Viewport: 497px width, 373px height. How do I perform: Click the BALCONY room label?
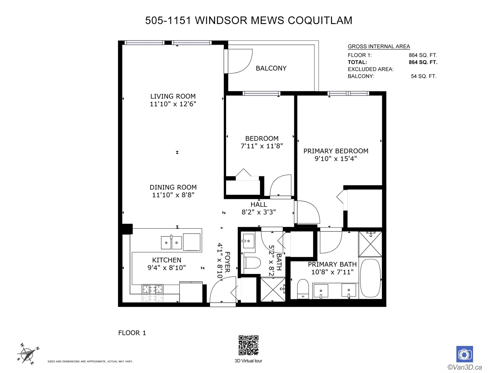click(271, 68)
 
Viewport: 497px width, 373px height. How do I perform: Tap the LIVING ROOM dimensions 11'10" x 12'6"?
click(173, 104)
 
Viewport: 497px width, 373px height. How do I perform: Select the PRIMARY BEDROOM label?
click(336, 151)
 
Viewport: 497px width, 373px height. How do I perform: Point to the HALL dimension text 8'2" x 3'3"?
click(258, 212)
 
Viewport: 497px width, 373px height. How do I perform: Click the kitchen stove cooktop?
click(153, 289)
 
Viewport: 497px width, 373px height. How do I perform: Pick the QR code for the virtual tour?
click(248, 345)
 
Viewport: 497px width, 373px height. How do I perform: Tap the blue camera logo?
click(464, 354)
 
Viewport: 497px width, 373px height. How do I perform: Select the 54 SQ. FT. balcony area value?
click(424, 76)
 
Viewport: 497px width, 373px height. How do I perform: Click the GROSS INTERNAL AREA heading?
click(379, 46)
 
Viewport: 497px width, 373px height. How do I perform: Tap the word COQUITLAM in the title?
click(320, 21)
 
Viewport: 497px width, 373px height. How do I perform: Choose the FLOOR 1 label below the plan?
click(132, 333)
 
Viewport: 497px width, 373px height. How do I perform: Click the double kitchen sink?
click(171, 242)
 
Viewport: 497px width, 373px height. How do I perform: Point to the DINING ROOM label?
click(173, 187)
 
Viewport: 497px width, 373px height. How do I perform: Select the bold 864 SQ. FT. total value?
click(423, 62)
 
